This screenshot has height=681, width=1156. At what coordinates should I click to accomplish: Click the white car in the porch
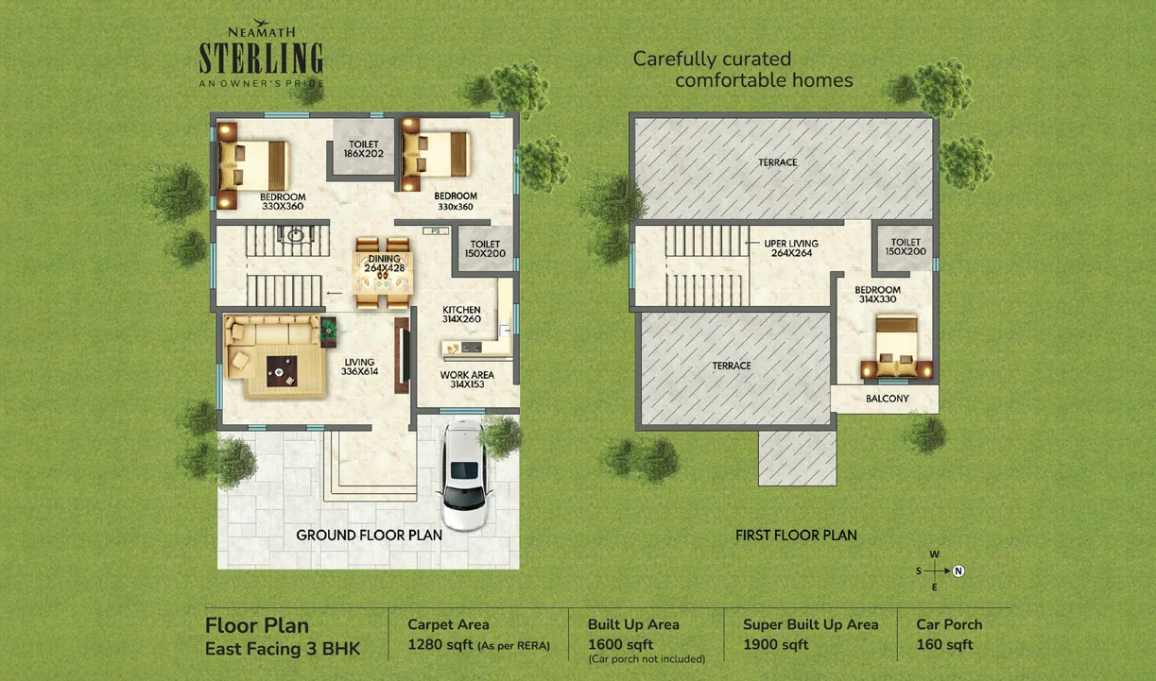464,475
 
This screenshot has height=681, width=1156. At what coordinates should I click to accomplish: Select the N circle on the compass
958,570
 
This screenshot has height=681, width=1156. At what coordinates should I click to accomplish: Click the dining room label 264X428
385,268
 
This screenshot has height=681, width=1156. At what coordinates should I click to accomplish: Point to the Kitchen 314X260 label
461,314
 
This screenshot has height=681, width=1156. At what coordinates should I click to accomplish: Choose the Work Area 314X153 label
467,380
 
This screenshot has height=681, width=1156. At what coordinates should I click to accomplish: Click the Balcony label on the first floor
888,399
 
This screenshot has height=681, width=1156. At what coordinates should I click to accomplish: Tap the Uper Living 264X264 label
791,248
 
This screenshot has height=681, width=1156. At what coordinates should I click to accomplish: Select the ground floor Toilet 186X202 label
364,149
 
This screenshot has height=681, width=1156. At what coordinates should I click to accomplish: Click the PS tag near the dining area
436,231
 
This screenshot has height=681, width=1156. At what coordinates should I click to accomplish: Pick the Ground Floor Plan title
369,536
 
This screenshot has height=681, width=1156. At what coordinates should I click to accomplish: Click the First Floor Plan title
796,536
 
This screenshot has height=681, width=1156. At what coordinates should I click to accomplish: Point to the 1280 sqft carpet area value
440,645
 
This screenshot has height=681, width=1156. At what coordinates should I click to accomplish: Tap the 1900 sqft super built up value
776,645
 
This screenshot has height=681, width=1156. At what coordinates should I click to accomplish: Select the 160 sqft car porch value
944,645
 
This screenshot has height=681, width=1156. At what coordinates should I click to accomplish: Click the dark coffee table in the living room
282,371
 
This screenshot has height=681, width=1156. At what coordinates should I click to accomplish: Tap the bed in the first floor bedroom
897,347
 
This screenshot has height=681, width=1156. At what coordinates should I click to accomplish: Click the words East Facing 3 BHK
283,649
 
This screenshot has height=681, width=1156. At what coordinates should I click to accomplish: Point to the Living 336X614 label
359,366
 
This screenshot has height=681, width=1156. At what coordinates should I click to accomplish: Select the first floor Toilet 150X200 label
906,247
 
